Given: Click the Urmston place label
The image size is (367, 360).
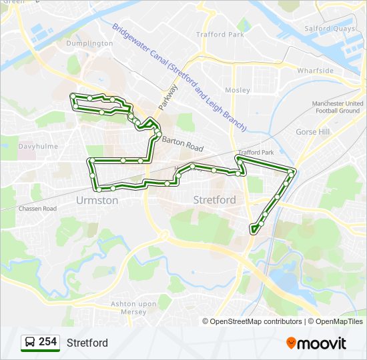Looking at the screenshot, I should click(x=97, y=200).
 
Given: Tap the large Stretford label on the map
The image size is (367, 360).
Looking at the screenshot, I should click(x=214, y=200).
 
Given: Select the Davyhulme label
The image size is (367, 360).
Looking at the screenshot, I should click(x=38, y=146).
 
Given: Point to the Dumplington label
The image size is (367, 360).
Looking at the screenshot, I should click(x=89, y=43).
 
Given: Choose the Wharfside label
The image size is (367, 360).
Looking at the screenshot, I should click(x=316, y=71).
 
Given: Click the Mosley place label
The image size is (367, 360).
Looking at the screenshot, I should click(x=238, y=90).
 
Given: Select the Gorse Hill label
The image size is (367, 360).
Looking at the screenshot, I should click(x=313, y=132).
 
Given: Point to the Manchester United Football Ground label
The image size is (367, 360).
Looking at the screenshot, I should click(x=338, y=107).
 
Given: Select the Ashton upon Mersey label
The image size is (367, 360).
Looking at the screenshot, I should click(x=133, y=307).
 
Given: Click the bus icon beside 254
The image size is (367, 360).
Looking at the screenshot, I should click(x=30, y=343).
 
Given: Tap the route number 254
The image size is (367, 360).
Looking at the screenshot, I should click(x=47, y=342).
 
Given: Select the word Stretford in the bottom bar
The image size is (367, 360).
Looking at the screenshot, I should click(x=87, y=343).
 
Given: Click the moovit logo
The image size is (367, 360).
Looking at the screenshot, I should click(x=316, y=343).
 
